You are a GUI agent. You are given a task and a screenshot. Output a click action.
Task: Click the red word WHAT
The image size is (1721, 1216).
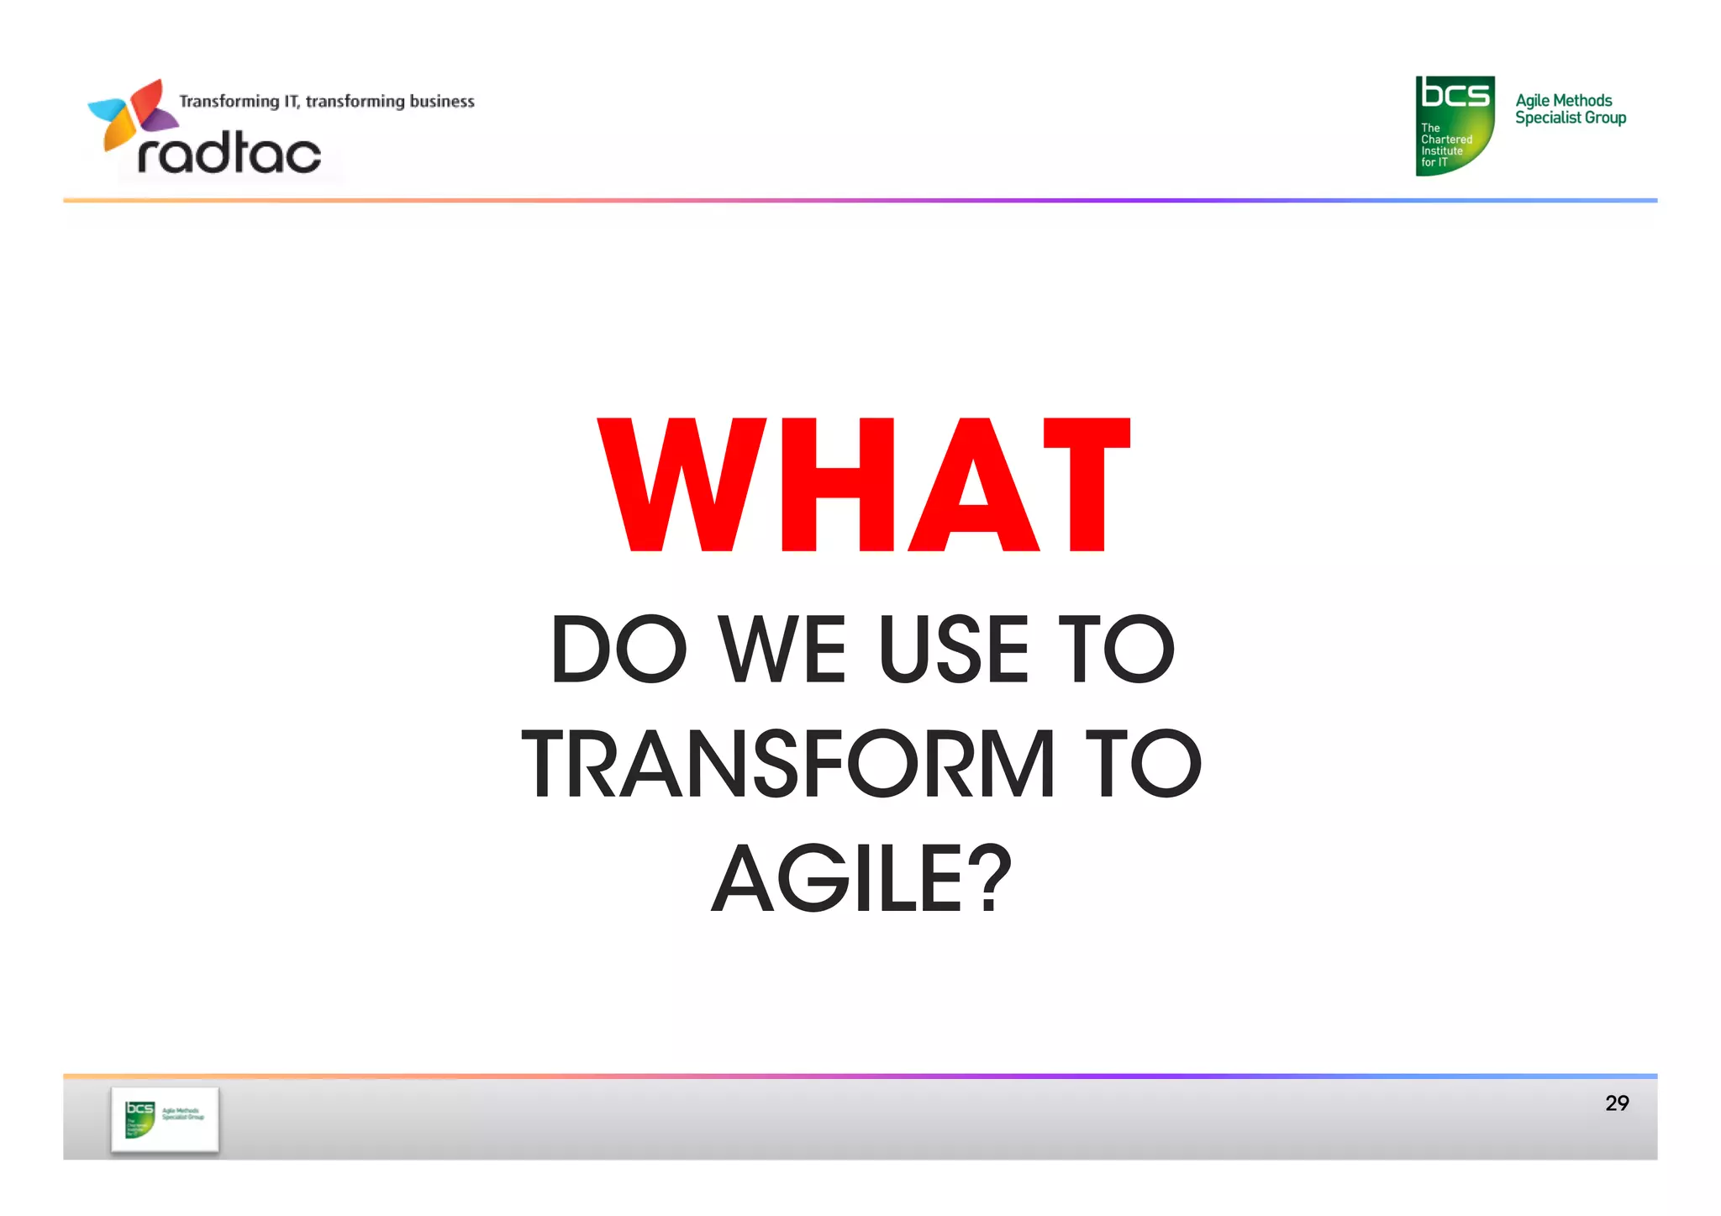(864, 485)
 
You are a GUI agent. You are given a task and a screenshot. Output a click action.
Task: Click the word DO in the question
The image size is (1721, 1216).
(619, 650)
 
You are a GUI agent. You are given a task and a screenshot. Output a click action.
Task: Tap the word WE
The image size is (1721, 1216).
(782, 650)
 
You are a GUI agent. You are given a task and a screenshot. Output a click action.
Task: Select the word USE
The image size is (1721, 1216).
(953, 650)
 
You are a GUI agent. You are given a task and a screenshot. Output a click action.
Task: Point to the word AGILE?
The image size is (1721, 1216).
(861, 879)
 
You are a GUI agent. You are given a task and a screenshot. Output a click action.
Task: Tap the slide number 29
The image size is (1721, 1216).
(1616, 1103)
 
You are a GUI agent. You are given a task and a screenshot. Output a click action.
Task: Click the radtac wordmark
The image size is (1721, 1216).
(229, 154)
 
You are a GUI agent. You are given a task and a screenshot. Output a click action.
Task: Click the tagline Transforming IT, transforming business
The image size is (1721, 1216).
(326, 102)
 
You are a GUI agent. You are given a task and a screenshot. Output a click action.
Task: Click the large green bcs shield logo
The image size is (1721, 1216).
(1455, 125)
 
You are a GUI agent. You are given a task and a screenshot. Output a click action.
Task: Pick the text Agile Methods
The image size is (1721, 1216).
(1563, 100)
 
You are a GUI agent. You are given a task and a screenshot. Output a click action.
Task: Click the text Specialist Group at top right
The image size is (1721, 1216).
(1570, 118)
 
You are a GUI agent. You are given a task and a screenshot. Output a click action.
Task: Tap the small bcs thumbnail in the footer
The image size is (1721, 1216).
(165, 1119)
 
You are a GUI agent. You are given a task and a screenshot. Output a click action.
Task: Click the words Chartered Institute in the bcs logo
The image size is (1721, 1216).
(1445, 145)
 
